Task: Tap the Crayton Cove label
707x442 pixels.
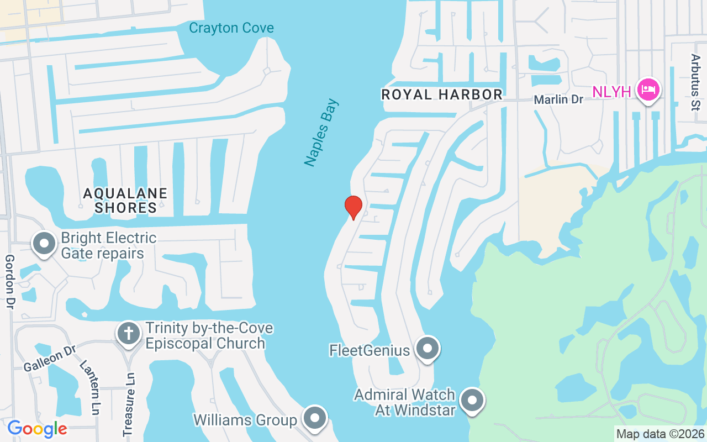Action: click(x=231, y=28)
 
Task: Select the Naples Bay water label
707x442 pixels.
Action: click(x=321, y=133)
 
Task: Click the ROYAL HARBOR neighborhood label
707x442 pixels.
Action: click(x=442, y=94)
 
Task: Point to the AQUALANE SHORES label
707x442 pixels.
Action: click(x=125, y=201)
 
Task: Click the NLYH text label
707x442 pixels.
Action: click(x=611, y=92)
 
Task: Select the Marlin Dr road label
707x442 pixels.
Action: click(x=558, y=99)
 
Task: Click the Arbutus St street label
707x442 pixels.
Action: click(x=695, y=82)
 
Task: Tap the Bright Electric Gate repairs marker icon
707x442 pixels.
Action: click(x=44, y=244)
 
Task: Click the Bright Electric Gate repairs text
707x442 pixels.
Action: click(x=109, y=246)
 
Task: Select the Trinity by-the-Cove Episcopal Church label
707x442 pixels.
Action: click(x=209, y=335)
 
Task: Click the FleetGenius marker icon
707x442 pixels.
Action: click(x=428, y=349)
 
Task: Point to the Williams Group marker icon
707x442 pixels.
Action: click(x=315, y=418)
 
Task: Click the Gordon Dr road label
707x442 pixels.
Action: click(x=9, y=282)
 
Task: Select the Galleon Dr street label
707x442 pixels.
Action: click(x=49, y=359)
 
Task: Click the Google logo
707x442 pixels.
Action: click(x=37, y=428)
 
